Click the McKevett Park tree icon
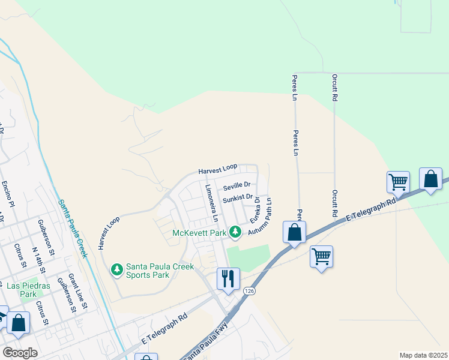[236, 232]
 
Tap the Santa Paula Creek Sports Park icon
[118, 270]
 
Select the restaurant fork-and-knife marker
[228, 278]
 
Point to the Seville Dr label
[236, 185]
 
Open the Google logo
[20, 353]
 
